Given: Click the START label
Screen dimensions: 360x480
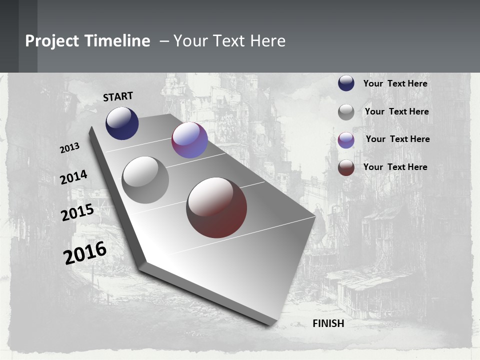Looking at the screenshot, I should (118, 96).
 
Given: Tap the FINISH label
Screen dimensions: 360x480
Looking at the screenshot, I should (328, 323).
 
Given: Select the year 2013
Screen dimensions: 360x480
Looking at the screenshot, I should (70, 148).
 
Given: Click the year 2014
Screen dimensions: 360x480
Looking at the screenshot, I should (74, 177).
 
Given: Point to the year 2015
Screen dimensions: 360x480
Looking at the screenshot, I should (77, 212).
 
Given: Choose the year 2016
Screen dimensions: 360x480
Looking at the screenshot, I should (85, 252).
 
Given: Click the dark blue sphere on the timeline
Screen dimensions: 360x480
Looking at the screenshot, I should (122, 123).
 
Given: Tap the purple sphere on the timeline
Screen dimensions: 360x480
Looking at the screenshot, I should (189, 140).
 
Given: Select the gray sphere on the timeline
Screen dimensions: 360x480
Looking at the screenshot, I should (145, 179).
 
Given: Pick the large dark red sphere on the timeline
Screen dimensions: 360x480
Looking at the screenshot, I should (216, 207).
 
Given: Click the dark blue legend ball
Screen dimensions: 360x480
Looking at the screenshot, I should (346, 83).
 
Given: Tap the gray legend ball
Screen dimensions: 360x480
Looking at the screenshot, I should (346, 112).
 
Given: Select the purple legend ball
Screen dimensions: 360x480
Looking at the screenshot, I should (346, 140).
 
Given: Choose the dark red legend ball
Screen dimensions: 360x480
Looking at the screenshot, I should (346, 167).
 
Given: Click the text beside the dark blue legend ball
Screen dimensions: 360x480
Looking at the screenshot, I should (395, 83).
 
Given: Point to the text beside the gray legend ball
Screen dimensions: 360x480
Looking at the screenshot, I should (396, 111).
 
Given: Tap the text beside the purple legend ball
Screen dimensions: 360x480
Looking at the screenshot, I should (397, 139).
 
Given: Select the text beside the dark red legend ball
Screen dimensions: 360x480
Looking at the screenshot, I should (395, 167).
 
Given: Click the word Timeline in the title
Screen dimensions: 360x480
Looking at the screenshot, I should (117, 41).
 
